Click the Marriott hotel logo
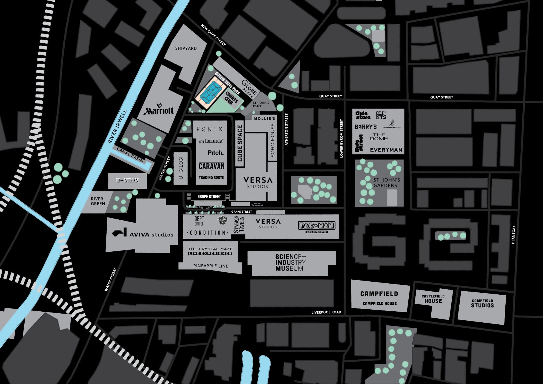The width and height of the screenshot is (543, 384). (x=159, y=109)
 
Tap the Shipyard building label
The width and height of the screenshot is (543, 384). (x=186, y=48)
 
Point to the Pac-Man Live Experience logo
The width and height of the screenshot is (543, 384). (x=316, y=226)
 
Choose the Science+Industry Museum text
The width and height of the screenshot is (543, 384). (x=290, y=262)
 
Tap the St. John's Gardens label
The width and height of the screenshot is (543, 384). (x=386, y=182)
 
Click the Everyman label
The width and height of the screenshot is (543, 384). (x=386, y=150)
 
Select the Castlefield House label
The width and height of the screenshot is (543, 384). (x=433, y=299)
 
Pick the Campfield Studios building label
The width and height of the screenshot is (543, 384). (x=482, y=303)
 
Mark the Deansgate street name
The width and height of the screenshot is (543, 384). (x=514, y=234)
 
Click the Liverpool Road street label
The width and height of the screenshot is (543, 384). (x=326, y=312)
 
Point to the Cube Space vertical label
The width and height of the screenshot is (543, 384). (x=240, y=143)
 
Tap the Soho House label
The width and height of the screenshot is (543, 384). (x=273, y=140)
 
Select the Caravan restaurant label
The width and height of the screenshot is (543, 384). (x=211, y=166)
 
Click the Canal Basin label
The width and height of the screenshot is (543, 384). (x=130, y=155)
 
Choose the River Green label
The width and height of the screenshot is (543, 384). (x=98, y=201)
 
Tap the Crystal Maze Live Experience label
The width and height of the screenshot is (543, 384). (x=210, y=251)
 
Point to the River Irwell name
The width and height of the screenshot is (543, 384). (x=117, y=127)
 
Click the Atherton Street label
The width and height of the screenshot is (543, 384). (x=286, y=130)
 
